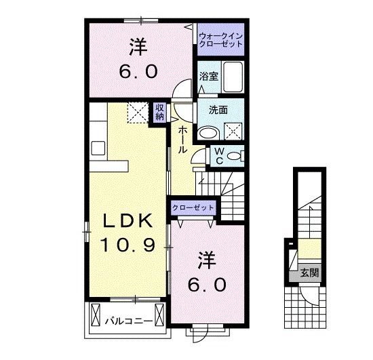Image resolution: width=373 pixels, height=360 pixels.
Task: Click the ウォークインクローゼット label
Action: click(220, 39)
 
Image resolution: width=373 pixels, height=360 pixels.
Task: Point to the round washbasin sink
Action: click(208, 130)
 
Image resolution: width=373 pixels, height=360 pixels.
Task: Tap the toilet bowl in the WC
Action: click(234, 156)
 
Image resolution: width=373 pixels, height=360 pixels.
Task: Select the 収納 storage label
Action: click(159, 111)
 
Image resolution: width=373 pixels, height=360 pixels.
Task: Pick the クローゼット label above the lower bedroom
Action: click(193, 207)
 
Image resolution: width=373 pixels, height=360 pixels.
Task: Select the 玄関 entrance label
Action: click(309, 274)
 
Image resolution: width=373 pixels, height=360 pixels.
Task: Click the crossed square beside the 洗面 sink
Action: click(233, 129)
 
